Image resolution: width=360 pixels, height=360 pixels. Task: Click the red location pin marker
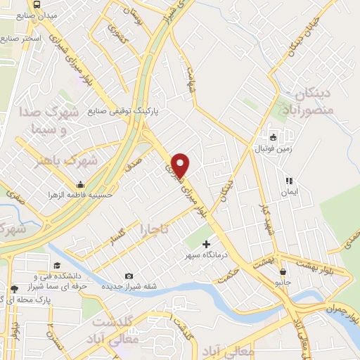[181, 165]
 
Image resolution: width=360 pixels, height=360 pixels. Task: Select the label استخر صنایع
[21, 37]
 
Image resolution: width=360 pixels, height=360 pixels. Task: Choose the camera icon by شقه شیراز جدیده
[128, 276]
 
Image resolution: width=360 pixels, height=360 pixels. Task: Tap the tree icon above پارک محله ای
[13, 289]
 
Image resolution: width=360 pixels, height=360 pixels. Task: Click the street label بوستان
[133, 11]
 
